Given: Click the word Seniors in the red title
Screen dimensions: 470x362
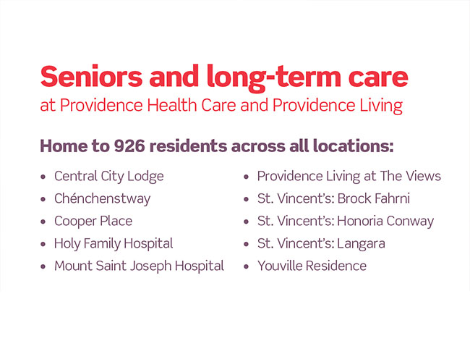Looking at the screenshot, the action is click(91, 77).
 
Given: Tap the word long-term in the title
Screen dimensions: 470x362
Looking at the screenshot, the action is click(273, 78).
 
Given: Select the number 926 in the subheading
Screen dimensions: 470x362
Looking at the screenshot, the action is click(129, 146).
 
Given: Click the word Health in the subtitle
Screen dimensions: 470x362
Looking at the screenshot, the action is click(172, 106).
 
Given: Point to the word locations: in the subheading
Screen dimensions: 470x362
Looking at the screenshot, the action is click(353, 146).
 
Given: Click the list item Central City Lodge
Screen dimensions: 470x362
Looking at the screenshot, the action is click(108, 177).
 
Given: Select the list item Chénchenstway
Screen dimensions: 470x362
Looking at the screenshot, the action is click(102, 198).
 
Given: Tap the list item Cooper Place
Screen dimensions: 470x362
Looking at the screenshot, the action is click(93, 222).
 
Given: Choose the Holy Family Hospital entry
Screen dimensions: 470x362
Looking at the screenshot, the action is click(114, 244).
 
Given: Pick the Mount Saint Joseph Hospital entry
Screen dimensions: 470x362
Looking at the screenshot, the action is click(139, 266).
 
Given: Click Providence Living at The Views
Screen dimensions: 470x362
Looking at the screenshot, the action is click(349, 177).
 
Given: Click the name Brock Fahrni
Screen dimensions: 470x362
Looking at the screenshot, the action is click(374, 198).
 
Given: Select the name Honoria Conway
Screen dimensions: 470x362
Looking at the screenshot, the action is click(385, 222).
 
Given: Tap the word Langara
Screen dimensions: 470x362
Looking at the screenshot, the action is click(361, 244).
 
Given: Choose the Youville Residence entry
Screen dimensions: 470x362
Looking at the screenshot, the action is click(312, 266).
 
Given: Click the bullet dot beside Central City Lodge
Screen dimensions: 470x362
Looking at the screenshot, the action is click(43, 177).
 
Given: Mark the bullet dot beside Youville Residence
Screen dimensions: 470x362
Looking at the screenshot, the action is click(247, 266).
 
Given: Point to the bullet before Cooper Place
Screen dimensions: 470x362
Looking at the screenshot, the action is click(43, 222).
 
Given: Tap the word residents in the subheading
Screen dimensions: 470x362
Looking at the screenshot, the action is click(188, 146).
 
